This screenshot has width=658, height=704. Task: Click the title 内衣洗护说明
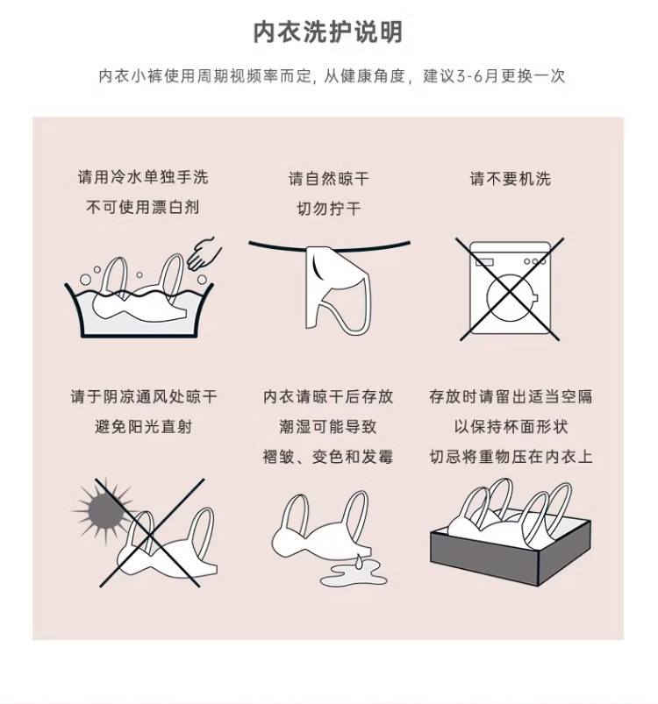click(328, 32)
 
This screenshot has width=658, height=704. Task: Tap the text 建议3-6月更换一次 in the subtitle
click(494, 76)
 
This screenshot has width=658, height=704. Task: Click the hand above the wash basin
click(204, 254)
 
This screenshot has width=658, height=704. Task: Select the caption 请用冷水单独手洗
click(143, 177)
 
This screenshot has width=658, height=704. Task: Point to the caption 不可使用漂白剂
click(143, 207)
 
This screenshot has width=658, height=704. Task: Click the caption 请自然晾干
click(329, 179)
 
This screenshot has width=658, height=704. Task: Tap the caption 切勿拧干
click(329, 209)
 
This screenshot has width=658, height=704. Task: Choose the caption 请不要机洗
click(511, 179)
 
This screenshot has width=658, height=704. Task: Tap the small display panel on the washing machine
click(484, 262)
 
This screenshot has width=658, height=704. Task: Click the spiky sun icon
click(104, 510)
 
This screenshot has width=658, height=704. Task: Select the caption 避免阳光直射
click(144, 427)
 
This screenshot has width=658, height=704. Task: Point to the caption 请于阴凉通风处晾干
click(144, 396)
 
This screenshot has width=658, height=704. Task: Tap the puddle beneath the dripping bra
click(353, 575)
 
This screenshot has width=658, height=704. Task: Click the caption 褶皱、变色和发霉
click(328, 457)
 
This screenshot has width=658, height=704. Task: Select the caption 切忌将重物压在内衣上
click(511, 457)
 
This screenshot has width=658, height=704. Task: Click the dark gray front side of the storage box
click(484, 558)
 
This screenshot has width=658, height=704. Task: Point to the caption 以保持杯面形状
click(511, 427)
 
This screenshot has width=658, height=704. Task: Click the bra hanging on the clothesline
click(338, 288)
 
